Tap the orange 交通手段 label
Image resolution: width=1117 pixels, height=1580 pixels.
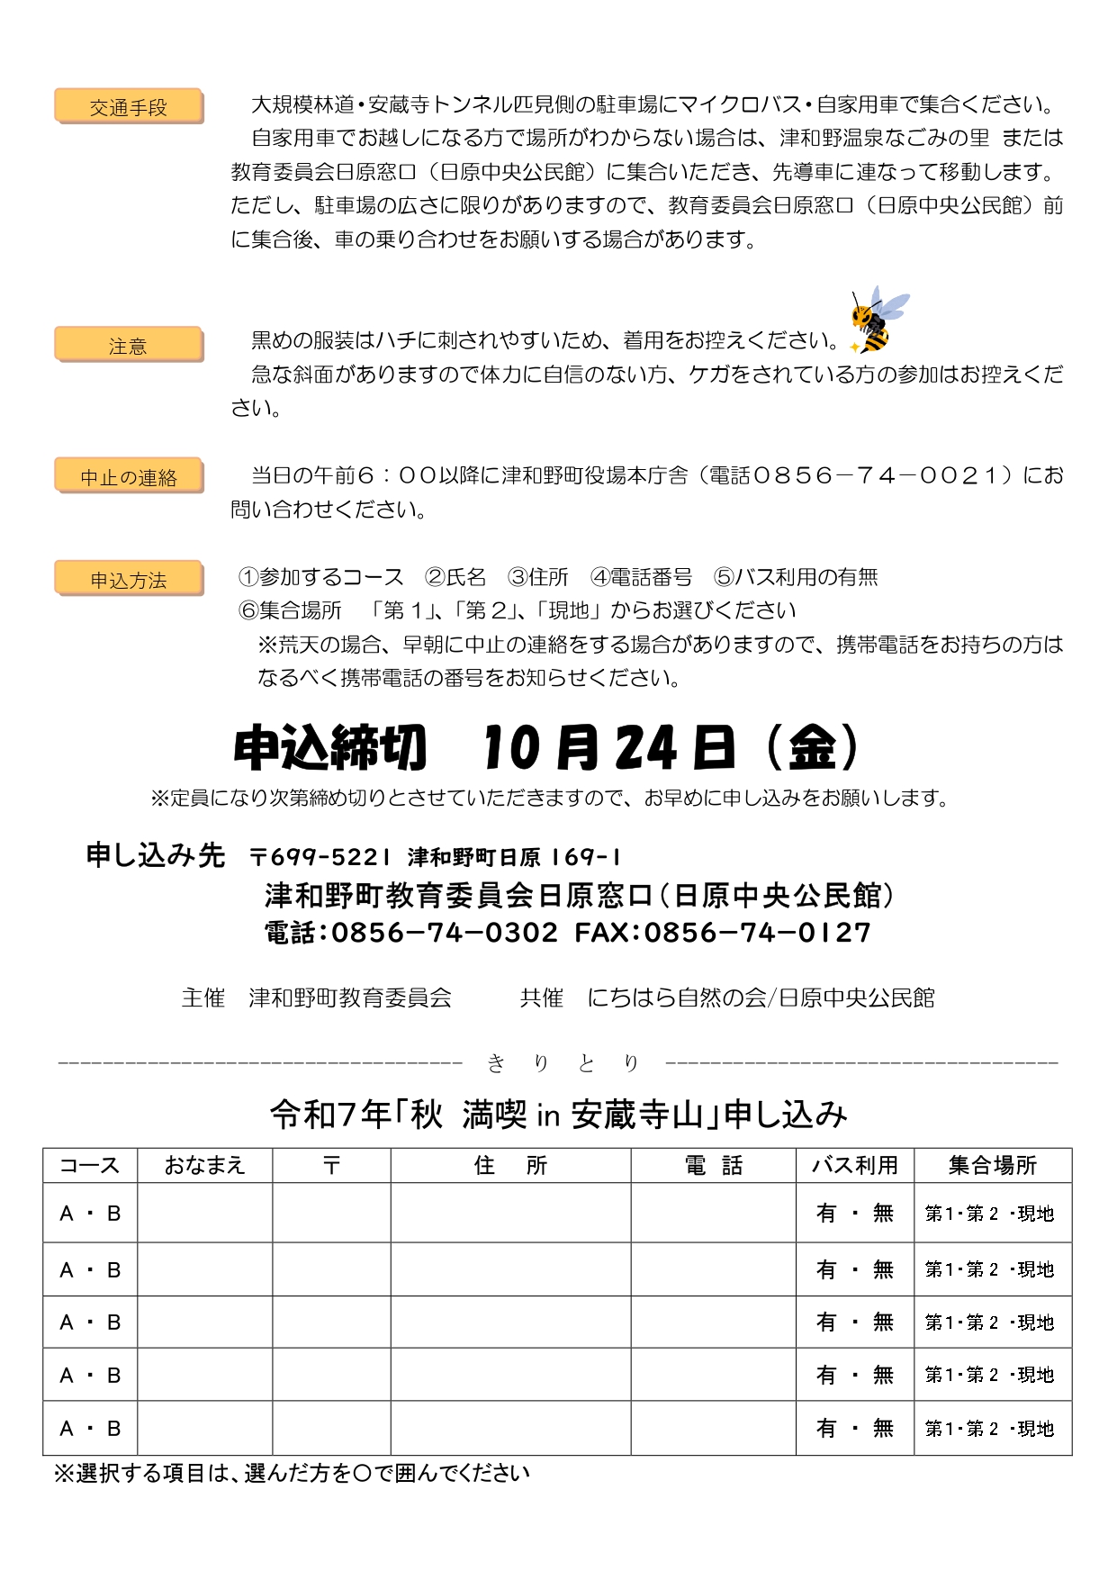click(129, 107)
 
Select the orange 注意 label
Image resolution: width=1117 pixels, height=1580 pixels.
click(129, 346)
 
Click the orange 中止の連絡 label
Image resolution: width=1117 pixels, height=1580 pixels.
click(129, 477)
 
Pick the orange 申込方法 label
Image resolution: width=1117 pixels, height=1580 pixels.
click(129, 580)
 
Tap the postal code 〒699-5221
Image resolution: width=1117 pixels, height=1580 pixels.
click(320, 856)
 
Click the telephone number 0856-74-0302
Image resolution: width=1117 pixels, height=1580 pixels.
click(445, 932)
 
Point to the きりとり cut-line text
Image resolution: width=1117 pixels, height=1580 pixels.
click(563, 1063)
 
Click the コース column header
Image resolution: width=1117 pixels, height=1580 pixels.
click(90, 1166)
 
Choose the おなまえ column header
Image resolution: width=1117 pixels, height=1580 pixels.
click(204, 1166)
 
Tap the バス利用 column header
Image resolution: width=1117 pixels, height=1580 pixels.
click(854, 1166)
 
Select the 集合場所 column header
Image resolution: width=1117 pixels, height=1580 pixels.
click(992, 1166)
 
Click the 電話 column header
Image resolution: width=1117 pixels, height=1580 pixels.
click(713, 1166)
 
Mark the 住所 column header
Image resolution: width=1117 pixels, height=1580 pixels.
click(510, 1166)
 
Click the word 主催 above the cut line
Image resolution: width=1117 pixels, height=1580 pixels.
click(203, 998)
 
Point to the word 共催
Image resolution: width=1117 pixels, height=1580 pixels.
click(541, 998)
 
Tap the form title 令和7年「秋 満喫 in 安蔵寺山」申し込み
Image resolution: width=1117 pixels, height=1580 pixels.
click(558, 1115)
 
